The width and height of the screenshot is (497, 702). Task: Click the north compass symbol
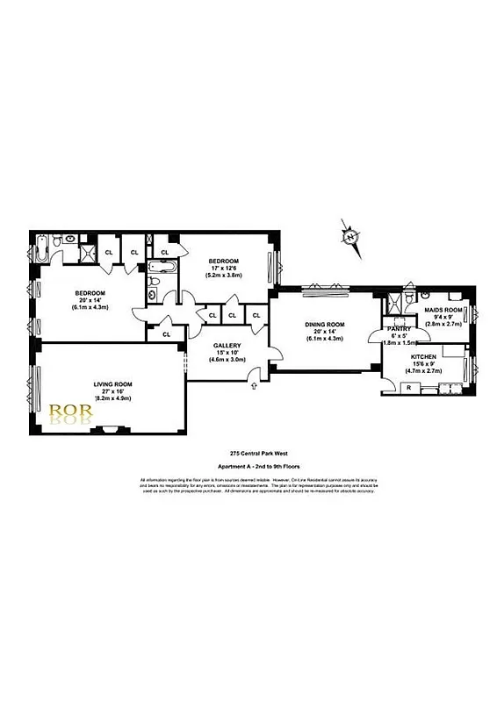click(x=350, y=237)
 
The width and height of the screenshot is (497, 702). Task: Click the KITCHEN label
click(x=425, y=357)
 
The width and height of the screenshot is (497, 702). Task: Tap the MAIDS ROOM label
click(x=443, y=309)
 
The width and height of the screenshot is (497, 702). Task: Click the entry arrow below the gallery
click(x=252, y=378)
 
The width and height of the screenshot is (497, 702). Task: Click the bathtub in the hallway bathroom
click(x=162, y=266)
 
